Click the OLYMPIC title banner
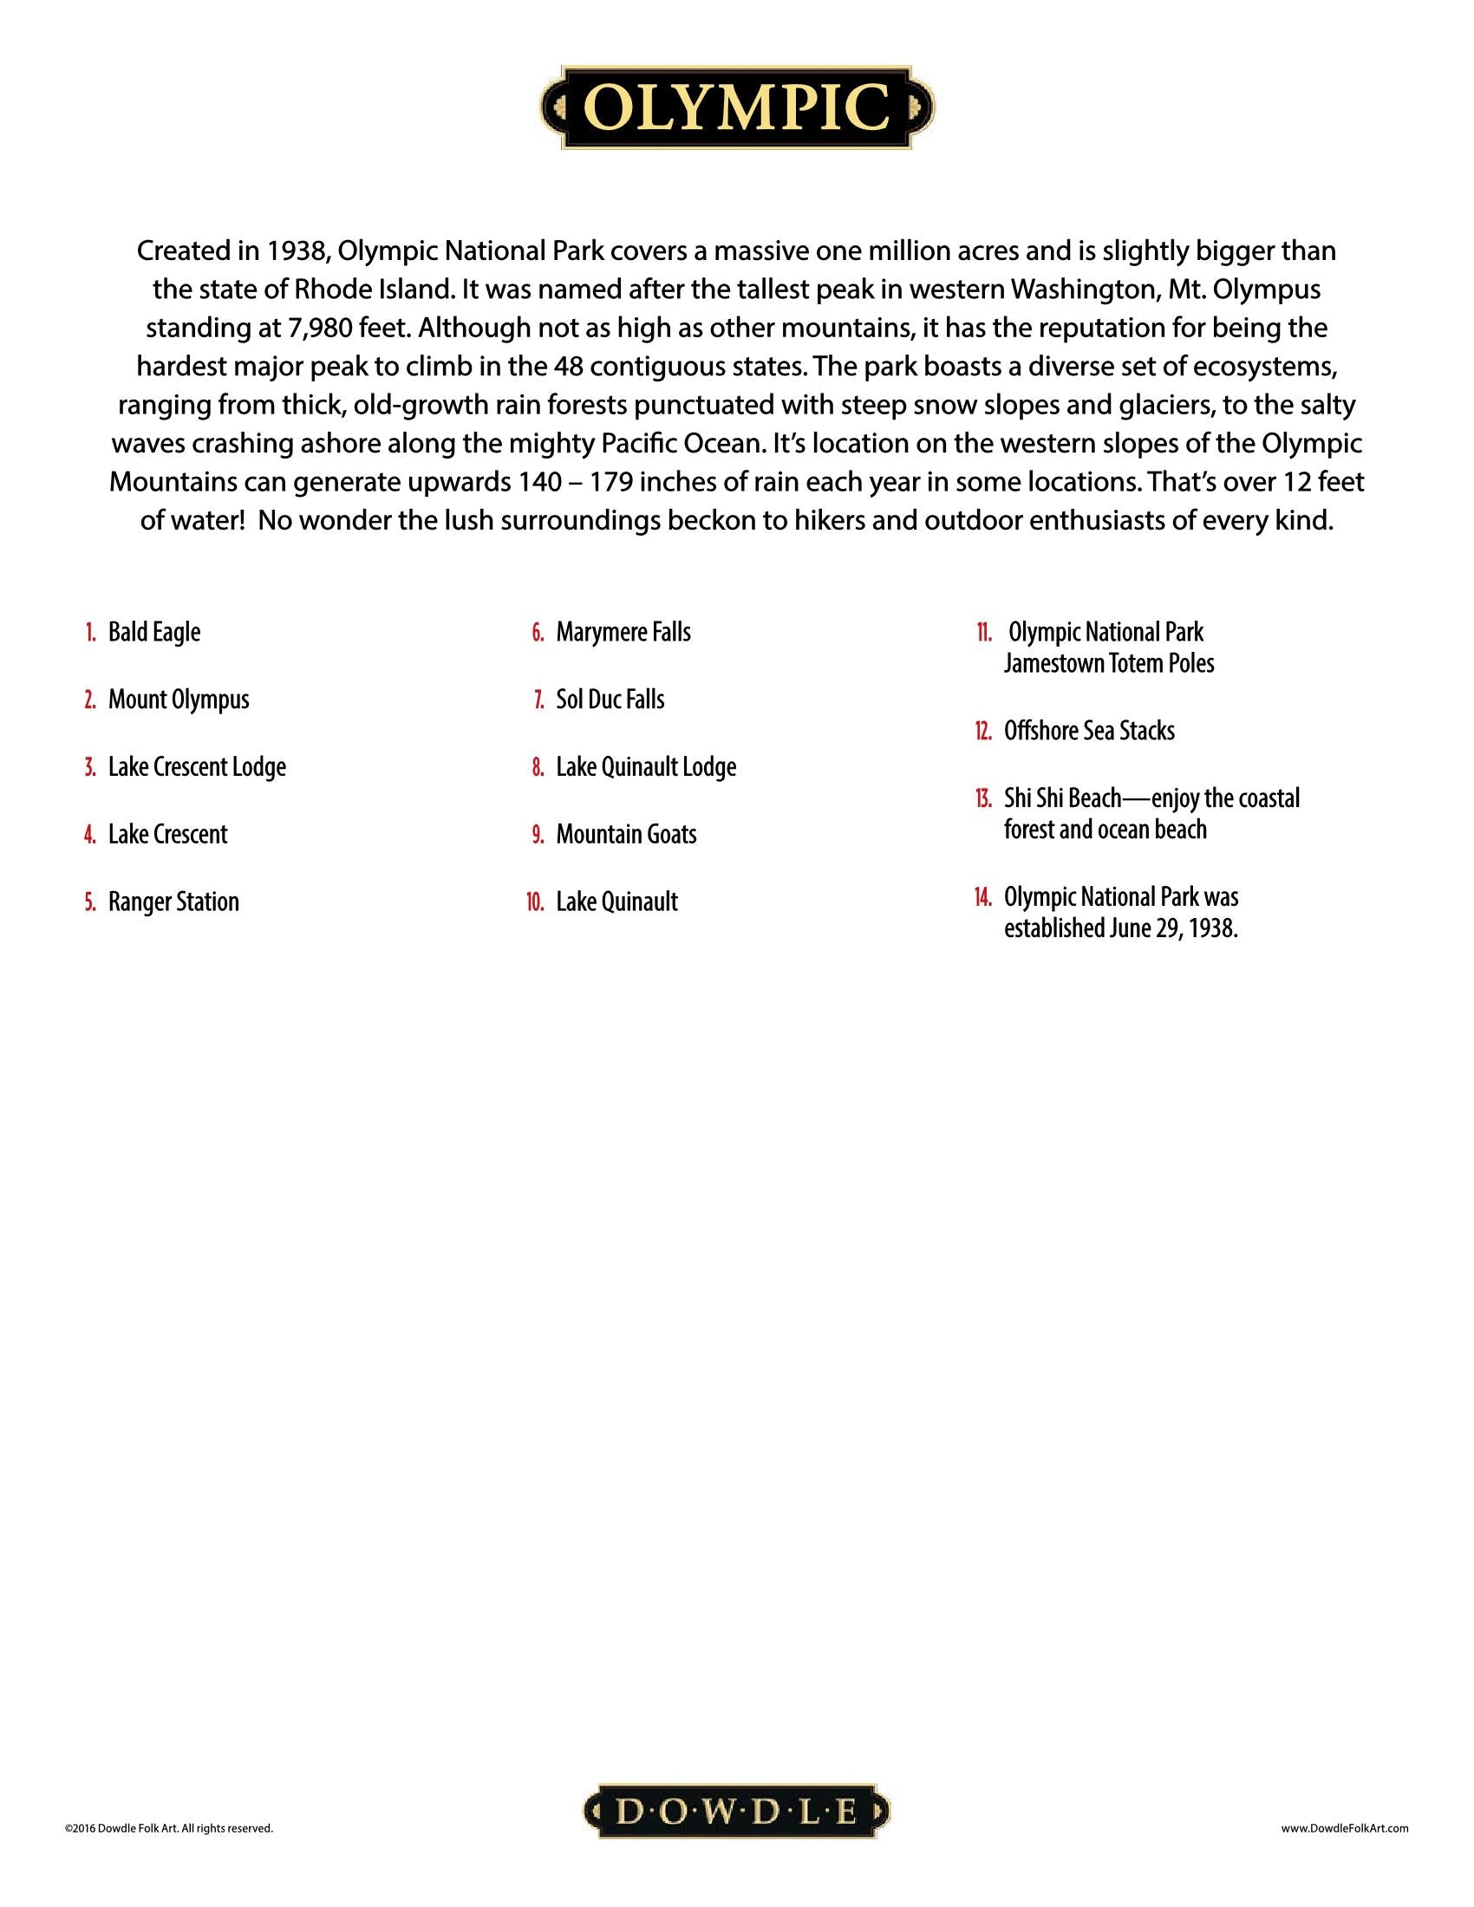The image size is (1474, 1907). click(x=737, y=108)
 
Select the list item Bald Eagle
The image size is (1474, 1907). click(x=153, y=632)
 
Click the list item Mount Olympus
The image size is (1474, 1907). click(x=178, y=700)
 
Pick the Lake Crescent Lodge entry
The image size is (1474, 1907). click(x=197, y=766)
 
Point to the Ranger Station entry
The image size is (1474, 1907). click(x=173, y=901)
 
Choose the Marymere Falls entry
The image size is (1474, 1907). click(x=623, y=632)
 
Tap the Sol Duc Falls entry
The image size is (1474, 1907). click(x=610, y=700)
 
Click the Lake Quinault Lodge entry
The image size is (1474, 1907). click(x=645, y=766)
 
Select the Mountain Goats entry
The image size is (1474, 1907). click(x=626, y=834)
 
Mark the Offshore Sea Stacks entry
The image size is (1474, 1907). click(x=1089, y=731)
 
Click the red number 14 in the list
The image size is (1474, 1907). click(x=983, y=898)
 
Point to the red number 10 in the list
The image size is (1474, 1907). click(x=535, y=902)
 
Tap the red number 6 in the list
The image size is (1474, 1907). click(x=538, y=632)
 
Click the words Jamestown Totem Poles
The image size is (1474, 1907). click(x=1108, y=664)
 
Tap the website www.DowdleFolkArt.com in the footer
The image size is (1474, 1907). click(x=1345, y=1827)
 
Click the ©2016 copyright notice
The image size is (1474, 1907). click(x=168, y=1827)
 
